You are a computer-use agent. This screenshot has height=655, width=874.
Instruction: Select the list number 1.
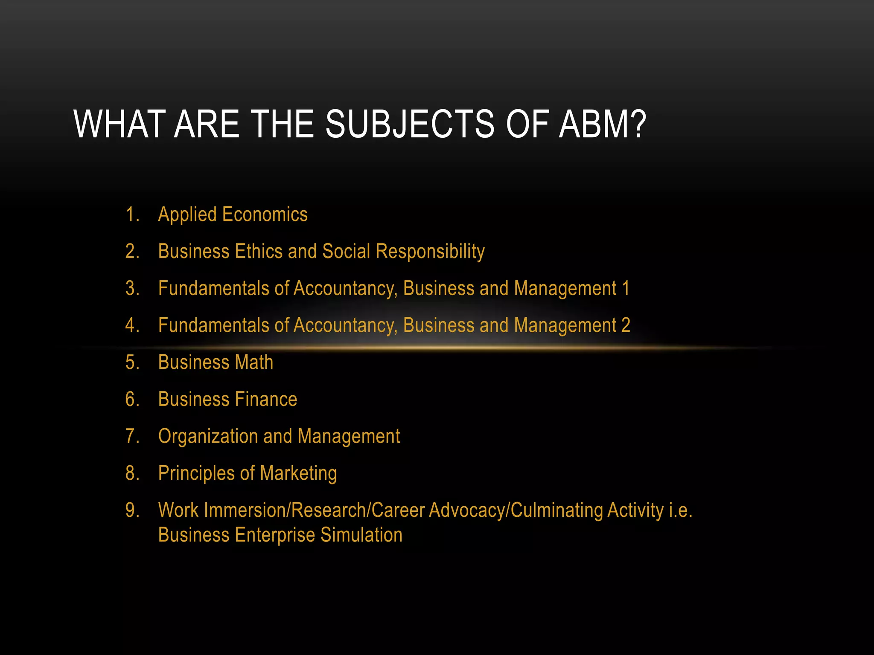click(x=132, y=214)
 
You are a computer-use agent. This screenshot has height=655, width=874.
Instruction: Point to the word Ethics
click(x=259, y=251)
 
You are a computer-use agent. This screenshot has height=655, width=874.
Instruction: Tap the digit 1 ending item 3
click(x=625, y=288)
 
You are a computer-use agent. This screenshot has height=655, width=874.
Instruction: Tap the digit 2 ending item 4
click(x=625, y=325)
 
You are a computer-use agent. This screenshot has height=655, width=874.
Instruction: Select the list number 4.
click(x=132, y=325)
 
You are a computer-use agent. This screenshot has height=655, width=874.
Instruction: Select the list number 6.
click(x=132, y=400)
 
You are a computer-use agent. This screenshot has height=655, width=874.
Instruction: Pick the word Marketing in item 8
click(x=298, y=473)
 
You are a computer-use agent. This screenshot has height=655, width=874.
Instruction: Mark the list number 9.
click(x=132, y=510)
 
